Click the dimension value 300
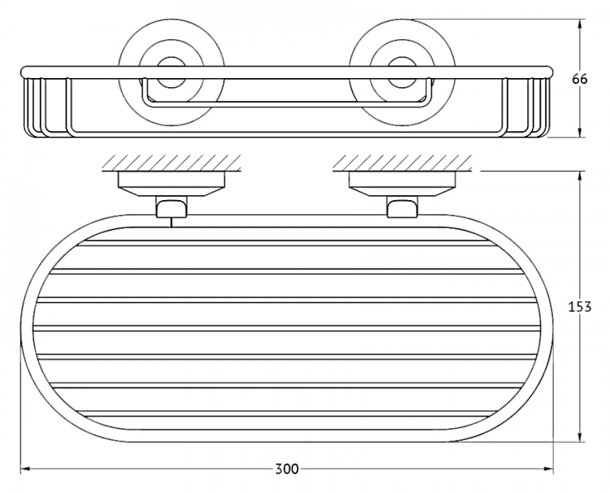coord(287,469)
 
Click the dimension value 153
coord(580,307)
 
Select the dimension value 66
coord(580,79)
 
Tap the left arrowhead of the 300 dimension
coord(25,469)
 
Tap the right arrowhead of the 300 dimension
coord(548,469)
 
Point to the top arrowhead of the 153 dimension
coord(580,177)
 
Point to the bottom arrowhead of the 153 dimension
coord(580,436)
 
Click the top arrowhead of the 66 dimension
coord(580,25)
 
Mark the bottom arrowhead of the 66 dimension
coord(580,132)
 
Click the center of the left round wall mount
coord(171,72)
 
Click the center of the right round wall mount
coord(403,72)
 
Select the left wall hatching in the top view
coord(172,162)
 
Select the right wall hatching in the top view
coord(403,162)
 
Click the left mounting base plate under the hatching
coord(171,184)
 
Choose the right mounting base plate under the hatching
coord(403,184)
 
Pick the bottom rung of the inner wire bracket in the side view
coord(287,104)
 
